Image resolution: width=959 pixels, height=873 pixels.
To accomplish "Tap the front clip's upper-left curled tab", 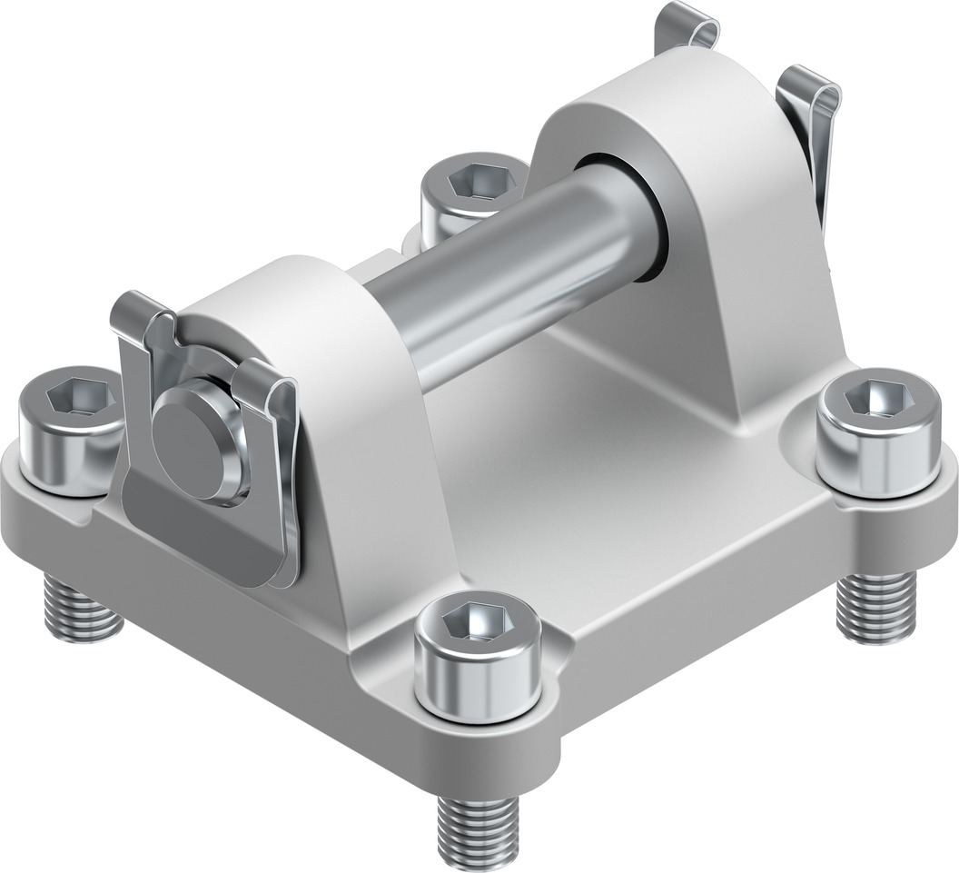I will [x=136, y=313].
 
